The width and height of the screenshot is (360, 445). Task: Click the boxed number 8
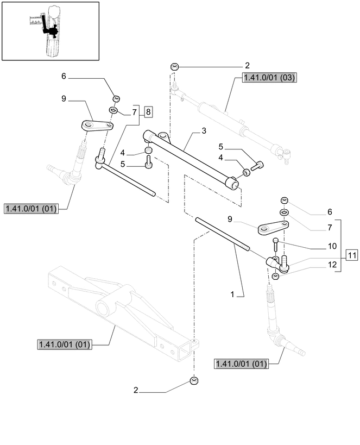click(x=148, y=112)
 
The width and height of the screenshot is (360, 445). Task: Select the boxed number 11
click(x=351, y=254)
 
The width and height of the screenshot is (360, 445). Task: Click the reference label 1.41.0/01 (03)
click(x=269, y=78)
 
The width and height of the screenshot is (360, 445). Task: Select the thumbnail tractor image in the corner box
click(x=50, y=30)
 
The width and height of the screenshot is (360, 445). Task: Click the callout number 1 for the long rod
click(x=232, y=294)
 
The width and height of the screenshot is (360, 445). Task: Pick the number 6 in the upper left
click(x=64, y=77)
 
